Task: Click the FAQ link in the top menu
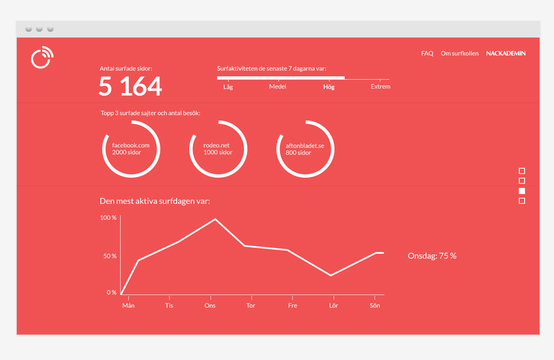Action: point(427,53)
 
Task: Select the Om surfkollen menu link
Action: point(459,53)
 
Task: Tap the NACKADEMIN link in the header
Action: point(506,53)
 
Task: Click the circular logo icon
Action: point(42,57)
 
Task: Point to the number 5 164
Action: point(130,86)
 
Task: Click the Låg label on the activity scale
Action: point(228,87)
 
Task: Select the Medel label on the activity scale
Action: point(278,87)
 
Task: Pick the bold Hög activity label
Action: point(328,87)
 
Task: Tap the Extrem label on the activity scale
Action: point(380,87)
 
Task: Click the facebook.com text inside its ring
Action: point(131,145)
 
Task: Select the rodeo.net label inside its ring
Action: point(216,145)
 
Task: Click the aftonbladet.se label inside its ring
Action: point(305,145)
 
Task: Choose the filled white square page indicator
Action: point(522,191)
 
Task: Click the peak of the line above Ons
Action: point(215,219)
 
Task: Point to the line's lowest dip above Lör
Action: point(331,275)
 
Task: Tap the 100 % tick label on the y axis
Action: point(108,217)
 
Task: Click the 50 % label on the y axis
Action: point(110,256)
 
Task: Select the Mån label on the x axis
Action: point(128,306)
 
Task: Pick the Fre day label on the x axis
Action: point(293,306)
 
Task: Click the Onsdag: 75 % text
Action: point(432,256)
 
